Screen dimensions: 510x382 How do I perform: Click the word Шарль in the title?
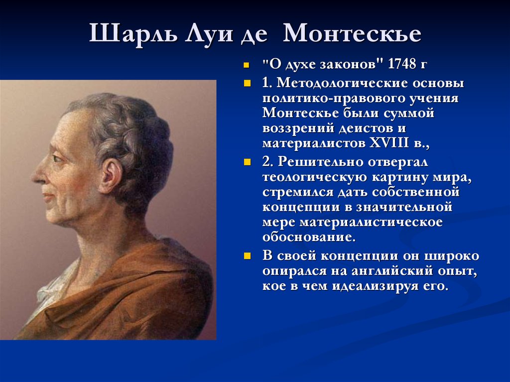click(133, 33)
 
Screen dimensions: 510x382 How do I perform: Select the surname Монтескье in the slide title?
click(352, 33)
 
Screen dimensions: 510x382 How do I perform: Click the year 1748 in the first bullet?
click(402, 64)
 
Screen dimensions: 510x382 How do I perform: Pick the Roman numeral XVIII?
click(389, 143)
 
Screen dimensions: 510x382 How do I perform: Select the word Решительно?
click(320, 162)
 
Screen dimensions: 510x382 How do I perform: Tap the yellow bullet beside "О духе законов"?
click(247, 65)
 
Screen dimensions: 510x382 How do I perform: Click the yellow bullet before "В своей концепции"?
click(247, 256)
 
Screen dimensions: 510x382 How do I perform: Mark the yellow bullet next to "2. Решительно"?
click(247, 162)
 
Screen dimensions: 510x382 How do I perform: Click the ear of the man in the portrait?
click(112, 176)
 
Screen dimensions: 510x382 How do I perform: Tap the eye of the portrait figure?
click(57, 158)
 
